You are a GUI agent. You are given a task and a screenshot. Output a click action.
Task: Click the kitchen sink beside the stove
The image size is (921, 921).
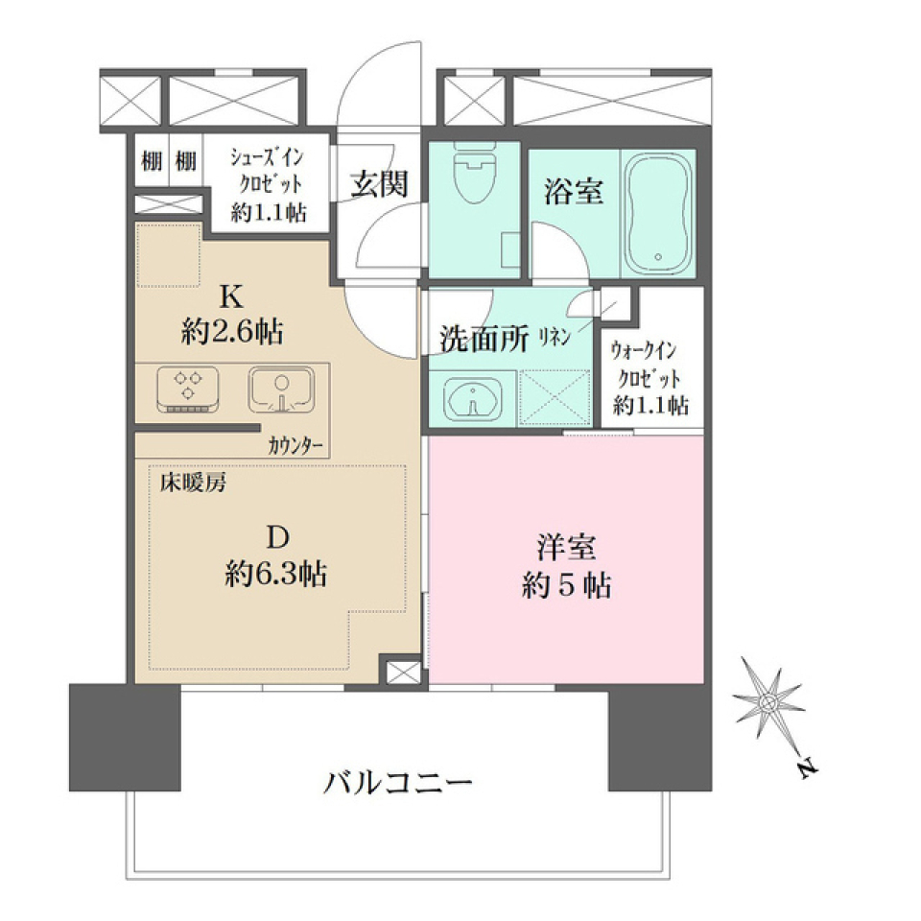280,390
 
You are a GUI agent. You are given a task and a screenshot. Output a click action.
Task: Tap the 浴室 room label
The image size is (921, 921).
573,192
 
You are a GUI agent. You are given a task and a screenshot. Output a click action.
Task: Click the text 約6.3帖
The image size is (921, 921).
275,575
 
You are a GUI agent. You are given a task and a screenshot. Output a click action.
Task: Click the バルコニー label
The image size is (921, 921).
398,782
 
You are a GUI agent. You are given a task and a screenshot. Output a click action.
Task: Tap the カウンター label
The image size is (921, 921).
296,445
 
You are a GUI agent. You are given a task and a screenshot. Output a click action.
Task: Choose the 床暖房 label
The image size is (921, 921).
193,483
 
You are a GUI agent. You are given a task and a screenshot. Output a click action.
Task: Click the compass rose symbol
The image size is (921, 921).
767,705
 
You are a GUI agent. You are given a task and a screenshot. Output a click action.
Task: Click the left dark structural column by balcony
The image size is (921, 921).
125,736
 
